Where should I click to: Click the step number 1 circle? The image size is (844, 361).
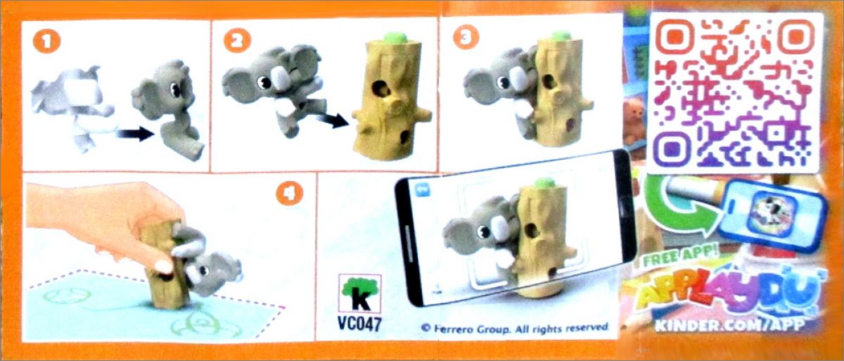point(46,42)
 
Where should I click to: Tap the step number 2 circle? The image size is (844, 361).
point(237,41)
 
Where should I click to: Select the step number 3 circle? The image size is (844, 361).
point(466,38)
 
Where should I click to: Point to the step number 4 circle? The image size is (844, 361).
point(289,194)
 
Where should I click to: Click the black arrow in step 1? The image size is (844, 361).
point(136,134)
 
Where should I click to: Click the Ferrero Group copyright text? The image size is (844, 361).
point(516,328)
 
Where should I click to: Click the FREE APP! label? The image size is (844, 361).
point(681,258)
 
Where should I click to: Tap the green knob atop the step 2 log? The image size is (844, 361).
point(395,38)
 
